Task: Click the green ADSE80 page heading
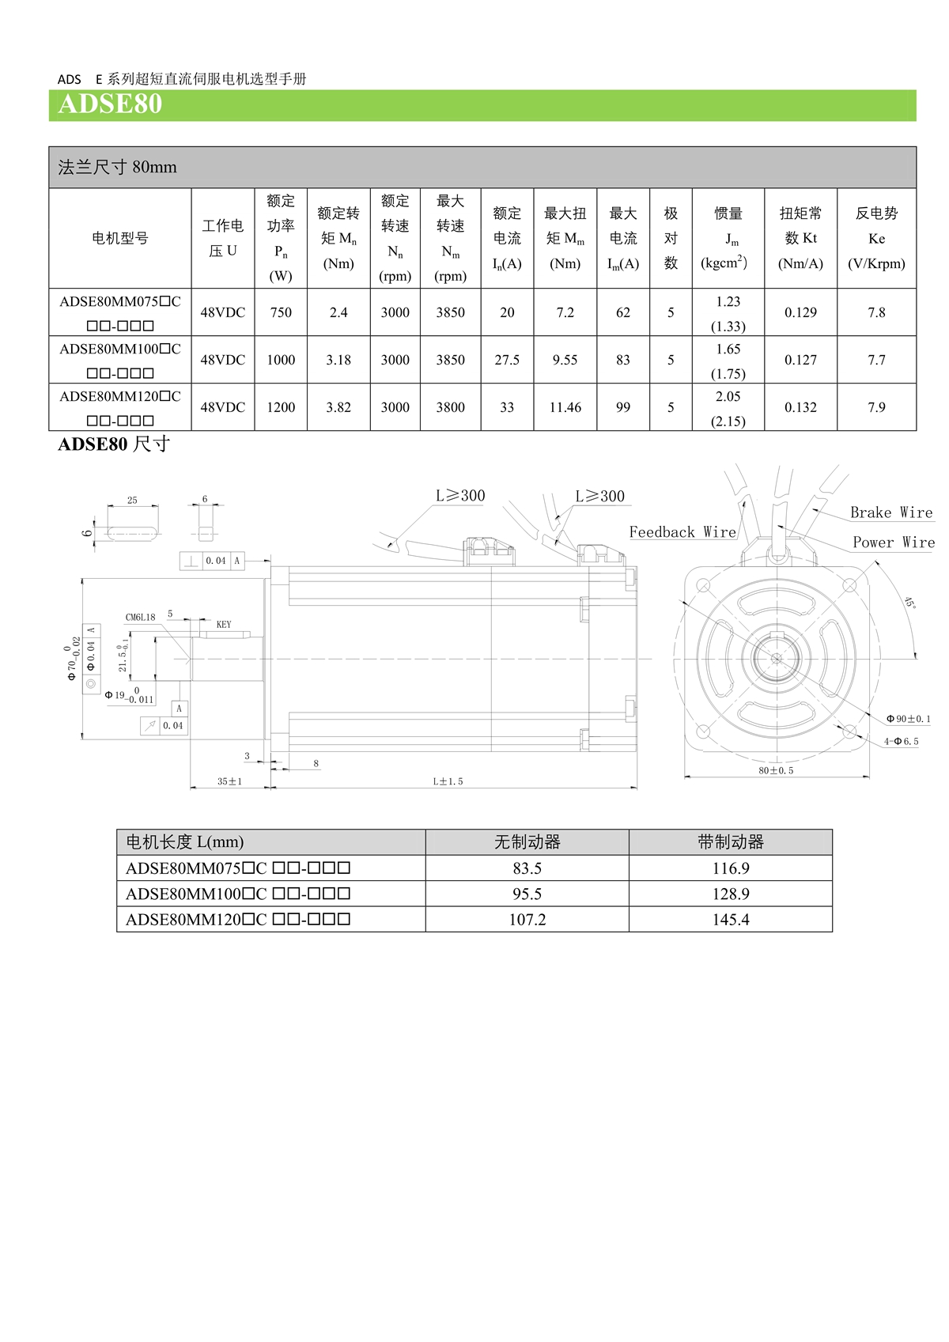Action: tap(111, 104)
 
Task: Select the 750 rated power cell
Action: tap(281, 312)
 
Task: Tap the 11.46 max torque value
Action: tap(565, 407)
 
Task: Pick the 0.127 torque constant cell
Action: tap(800, 360)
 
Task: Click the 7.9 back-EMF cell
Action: tap(876, 407)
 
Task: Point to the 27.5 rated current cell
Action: tap(507, 360)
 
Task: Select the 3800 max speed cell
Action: tap(450, 407)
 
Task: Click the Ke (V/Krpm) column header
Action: tap(876, 239)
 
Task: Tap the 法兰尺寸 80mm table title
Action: tap(118, 167)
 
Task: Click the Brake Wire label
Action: tap(891, 512)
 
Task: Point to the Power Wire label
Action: tap(894, 542)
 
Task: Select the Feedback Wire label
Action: tap(682, 532)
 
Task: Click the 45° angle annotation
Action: tap(909, 602)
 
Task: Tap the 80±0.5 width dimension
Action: tap(776, 770)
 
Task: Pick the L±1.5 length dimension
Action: tap(448, 781)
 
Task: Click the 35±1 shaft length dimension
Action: tap(229, 781)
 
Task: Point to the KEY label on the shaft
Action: tap(224, 625)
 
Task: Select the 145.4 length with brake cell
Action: tap(730, 920)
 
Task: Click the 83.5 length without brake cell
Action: tap(527, 868)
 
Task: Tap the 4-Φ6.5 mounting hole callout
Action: tap(902, 742)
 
